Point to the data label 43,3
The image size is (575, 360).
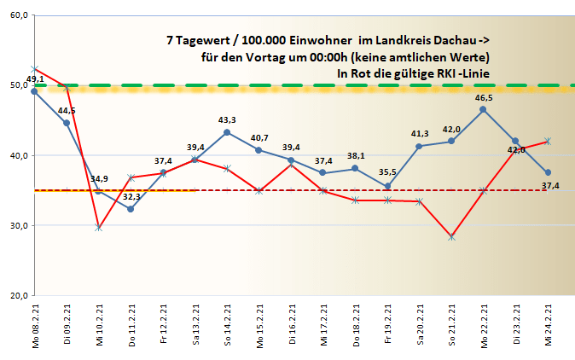pyautogui.click(x=227, y=120)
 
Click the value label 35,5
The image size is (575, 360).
pyautogui.click(x=388, y=174)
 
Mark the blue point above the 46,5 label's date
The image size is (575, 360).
pyautogui.click(x=483, y=109)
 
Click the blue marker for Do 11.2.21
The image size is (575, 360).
pyautogui.click(x=131, y=209)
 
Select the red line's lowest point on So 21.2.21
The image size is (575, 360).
pyautogui.click(x=451, y=236)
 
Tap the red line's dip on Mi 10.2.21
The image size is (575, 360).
pyautogui.click(x=98, y=229)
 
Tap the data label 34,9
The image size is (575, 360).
pyautogui.click(x=99, y=178)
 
